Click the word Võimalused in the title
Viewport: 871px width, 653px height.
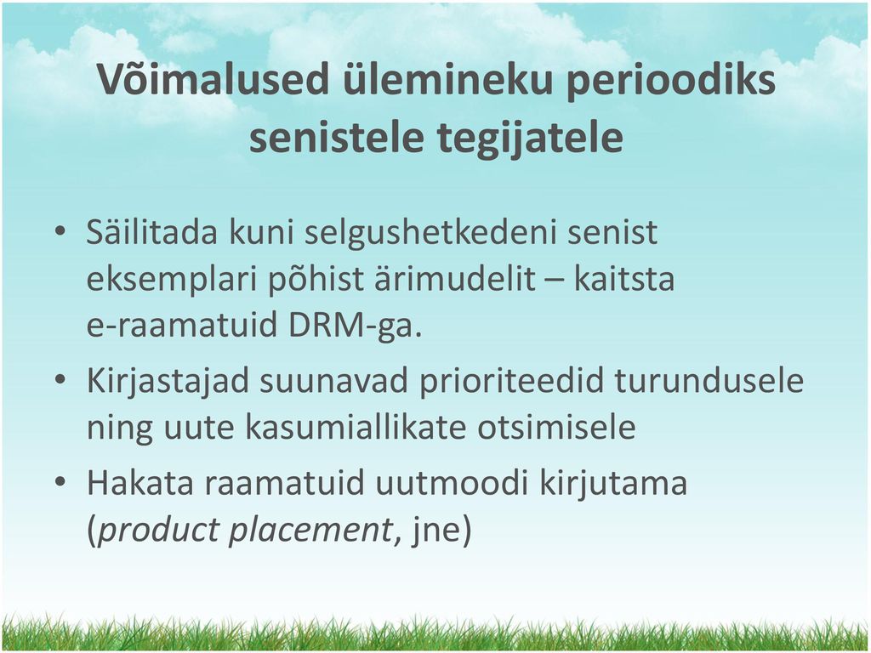coord(214,80)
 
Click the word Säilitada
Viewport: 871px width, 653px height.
coord(151,232)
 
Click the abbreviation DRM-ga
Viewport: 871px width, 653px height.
coord(356,326)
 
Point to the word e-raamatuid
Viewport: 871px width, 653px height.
coord(182,326)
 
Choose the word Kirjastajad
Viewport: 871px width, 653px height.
coord(168,383)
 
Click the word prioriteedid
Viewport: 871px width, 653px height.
coord(511,383)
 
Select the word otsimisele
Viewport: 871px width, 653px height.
coord(556,428)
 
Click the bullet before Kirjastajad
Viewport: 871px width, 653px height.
coord(60,380)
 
